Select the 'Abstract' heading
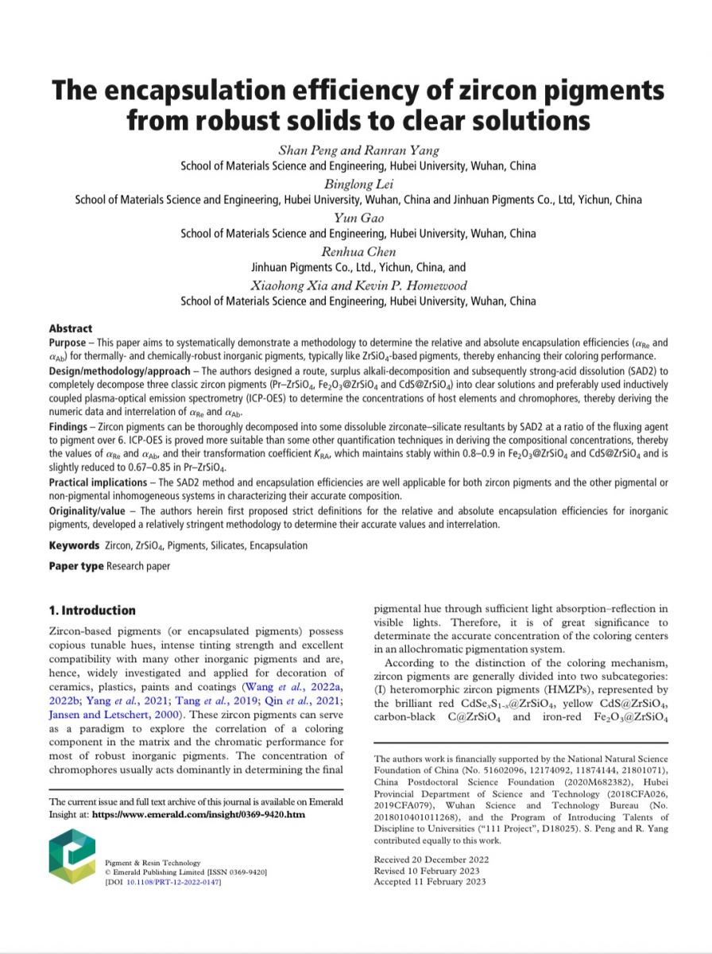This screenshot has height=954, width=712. [71, 328]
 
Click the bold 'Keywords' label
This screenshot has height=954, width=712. [74, 546]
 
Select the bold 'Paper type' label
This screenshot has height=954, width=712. [76, 566]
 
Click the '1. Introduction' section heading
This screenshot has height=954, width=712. [92, 611]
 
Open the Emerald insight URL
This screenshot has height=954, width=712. [199, 815]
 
